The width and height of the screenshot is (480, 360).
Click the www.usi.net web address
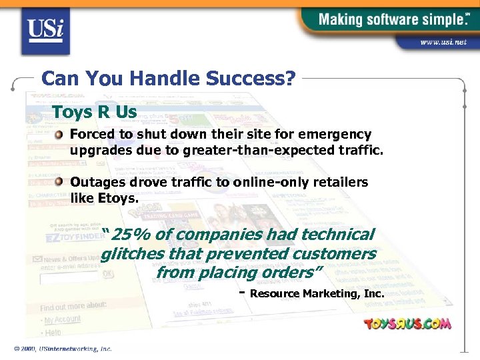pyautogui.click(x=442, y=42)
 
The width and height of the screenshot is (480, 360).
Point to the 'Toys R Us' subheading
pyautogui.click(x=94, y=111)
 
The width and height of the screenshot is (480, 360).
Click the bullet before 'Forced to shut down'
pyautogui.click(x=59, y=135)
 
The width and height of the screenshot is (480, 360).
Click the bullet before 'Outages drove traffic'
pyautogui.click(x=59, y=182)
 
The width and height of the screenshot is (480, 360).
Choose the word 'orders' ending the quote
pyautogui.click(x=291, y=273)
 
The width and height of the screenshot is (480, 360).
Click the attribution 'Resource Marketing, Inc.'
pyautogui.click(x=317, y=294)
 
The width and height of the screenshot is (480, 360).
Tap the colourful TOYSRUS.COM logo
pyautogui.click(x=407, y=324)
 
